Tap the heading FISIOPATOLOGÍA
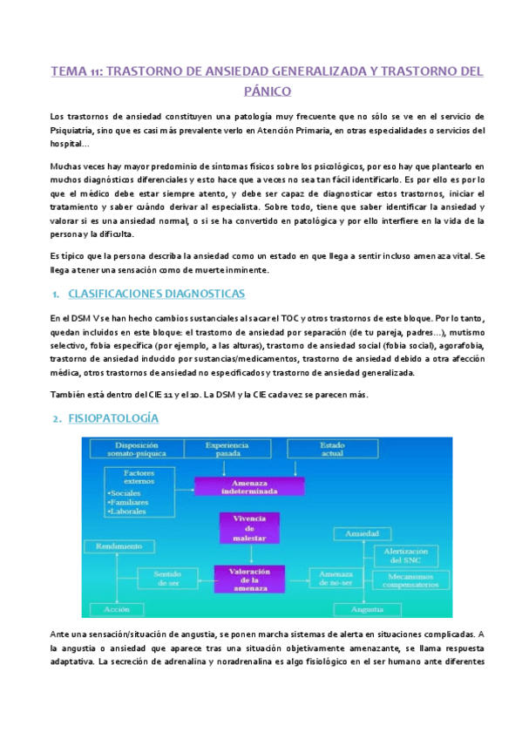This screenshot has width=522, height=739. click(x=115, y=418)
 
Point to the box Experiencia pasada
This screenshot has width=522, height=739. click(x=233, y=450)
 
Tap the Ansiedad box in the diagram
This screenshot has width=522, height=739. click(x=362, y=532)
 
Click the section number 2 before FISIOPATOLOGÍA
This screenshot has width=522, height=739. click(x=57, y=419)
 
